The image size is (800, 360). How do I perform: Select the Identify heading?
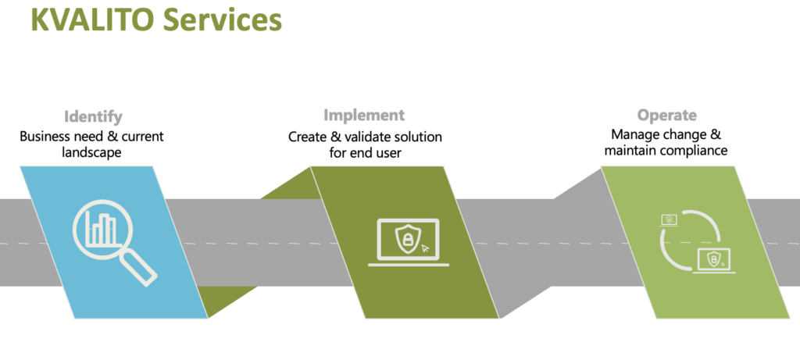[x=94, y=117]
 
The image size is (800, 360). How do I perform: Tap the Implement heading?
[x=364, y=115]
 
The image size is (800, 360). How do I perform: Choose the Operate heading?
[x=667, y=116]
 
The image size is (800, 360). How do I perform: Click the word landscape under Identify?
[x=92, y=152]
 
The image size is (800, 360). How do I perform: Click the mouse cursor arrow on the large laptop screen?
[x=426, y=249]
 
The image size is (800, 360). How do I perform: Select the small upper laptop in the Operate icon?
[x=670, y=220]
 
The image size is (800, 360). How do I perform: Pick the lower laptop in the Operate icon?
[x=714, y=261]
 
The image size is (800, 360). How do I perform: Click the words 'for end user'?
[x=366, y=152]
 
